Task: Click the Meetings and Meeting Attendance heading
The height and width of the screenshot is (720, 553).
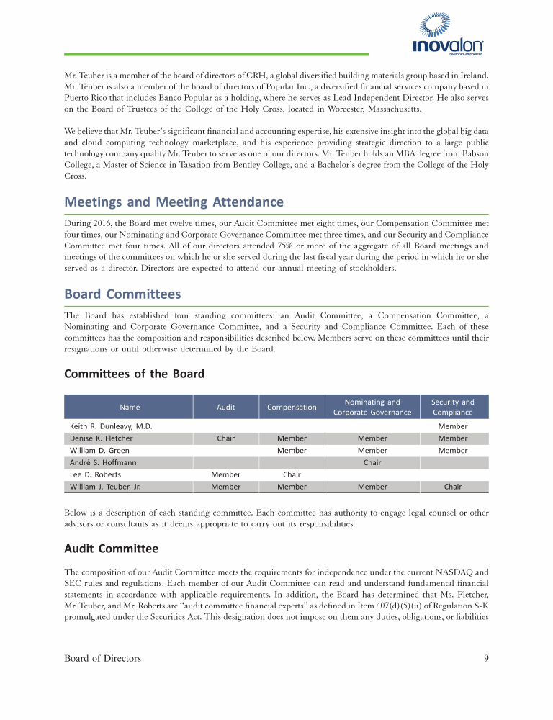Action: pyautogui.click(x=174, y=202)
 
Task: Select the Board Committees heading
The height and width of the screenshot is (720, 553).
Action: pyautogui.click(x=122, y=294)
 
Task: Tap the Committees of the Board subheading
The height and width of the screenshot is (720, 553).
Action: pyautogui.click(x=134, y=373)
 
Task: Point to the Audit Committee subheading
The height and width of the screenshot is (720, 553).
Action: pyautogui.click(x=111, y=549)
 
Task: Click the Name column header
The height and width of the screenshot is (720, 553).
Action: pyautogui.click(x=130, y=407)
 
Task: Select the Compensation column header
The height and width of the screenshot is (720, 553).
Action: pyautogui.click(x=292, y=407)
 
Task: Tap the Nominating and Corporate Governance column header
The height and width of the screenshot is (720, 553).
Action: pyautogui.click(x=372, y=407)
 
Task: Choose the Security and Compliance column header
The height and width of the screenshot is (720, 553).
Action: pyautogui.click(x=452, y=407)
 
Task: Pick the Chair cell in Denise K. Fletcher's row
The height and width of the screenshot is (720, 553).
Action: pyautogui.click(x=225, y=438)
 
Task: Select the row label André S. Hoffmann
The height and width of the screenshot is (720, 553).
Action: pyautogui.click(x=103, y=462)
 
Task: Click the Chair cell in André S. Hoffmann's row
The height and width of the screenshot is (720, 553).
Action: pyautogui.click(x=372, y=462)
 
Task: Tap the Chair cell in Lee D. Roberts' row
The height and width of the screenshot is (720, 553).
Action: pyautogui.click(x=292, y=474)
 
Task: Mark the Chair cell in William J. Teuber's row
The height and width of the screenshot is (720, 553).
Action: pyautogui.click(x=452, y=487)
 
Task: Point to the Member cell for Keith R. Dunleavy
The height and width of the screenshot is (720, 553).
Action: pyautogui.click(x=452, y=426)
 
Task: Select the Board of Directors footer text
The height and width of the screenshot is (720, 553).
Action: pyautogui.click(x=103, y=658)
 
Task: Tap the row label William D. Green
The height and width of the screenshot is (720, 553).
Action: pyautogui.click(x=100, y=451)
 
